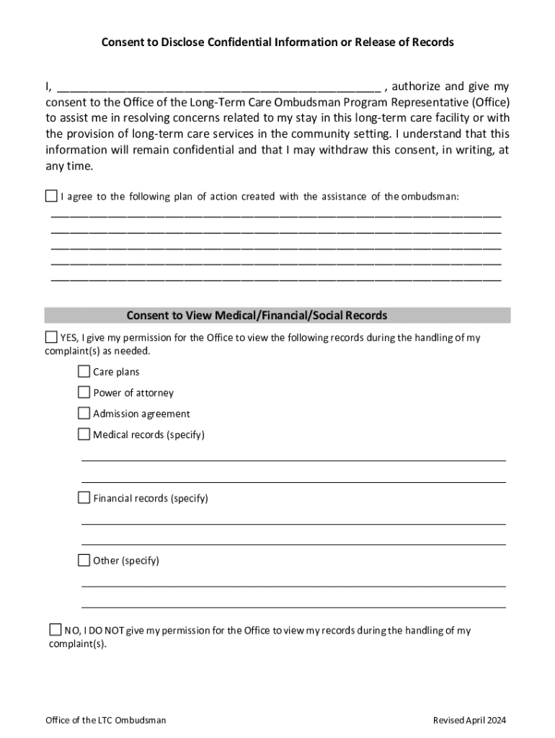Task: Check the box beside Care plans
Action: [84, 372]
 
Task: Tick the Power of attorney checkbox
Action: [84, 393]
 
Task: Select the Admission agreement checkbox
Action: [84, 414]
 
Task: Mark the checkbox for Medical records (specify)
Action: [84, 435]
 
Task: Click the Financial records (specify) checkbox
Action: [84, 498]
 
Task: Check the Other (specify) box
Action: [84, 561]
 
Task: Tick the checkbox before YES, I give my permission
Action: [51, 337]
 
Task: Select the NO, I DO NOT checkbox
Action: [55, 630]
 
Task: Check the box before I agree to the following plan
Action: [51, 196]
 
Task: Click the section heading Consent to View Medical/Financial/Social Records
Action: [257, 316]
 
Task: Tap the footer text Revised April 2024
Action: [469, 720]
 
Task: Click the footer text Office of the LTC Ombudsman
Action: [105, 720]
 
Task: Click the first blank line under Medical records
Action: [293, 459]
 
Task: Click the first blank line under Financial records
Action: [293, 523]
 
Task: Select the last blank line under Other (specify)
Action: [293, 607]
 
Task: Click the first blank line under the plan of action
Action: [276, 215]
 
